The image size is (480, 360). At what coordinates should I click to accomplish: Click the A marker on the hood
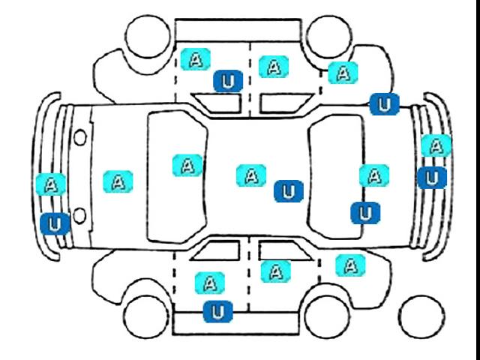click(x=118, y=181)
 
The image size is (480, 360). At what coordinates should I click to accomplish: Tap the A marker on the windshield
click(x=187, y=166)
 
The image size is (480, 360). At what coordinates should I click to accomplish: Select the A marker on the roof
click(x=251, y=175)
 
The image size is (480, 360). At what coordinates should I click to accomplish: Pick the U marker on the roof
click(x=289, y=191)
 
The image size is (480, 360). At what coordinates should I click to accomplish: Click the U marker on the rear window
click(x=365, y=213)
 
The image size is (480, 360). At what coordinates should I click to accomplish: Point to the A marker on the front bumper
click(x=51, y=184)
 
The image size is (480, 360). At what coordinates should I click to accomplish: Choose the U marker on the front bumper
click(x=55, y=223)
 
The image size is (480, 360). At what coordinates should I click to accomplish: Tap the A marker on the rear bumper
click(x=436, y=145)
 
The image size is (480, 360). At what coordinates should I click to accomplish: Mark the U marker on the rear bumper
click(x=432, y=178)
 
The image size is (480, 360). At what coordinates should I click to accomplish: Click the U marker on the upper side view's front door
click(x=228, y=81)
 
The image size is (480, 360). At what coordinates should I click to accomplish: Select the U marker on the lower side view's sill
click(x=218, y=312)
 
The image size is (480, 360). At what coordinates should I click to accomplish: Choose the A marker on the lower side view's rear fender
click(x=350, y=265)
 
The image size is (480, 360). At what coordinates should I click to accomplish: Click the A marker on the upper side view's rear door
click(x=274, y=67)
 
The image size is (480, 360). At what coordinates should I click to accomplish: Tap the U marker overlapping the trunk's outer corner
click(x=385, y=104)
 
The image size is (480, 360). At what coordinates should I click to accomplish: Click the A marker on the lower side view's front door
click(x=210, y=283)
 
